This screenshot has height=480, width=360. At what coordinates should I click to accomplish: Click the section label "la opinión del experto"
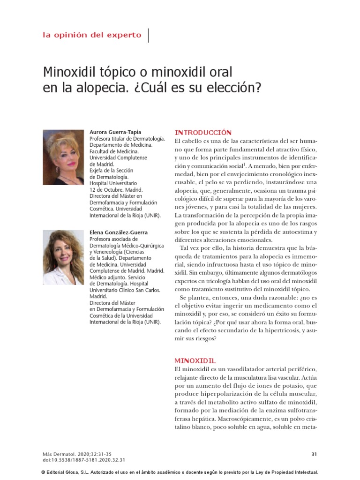[x=92, y=35]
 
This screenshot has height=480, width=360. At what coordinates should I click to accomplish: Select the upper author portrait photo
[x=63, y=157]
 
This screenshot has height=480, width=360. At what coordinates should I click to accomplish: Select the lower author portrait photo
[x=63, y=257]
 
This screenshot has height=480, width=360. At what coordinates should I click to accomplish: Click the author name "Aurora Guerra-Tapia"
[x=115, y=133]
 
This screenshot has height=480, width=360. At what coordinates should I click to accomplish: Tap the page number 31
[x=314, y=454]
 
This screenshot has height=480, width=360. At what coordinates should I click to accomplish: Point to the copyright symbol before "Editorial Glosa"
[x=43, y=472]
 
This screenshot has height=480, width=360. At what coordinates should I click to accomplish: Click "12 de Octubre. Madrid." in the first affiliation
[x=112, y=190]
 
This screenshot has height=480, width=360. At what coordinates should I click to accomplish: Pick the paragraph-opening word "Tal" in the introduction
[x=185, y=247]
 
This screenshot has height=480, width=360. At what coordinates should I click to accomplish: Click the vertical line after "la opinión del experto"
[x=149, y=35]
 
